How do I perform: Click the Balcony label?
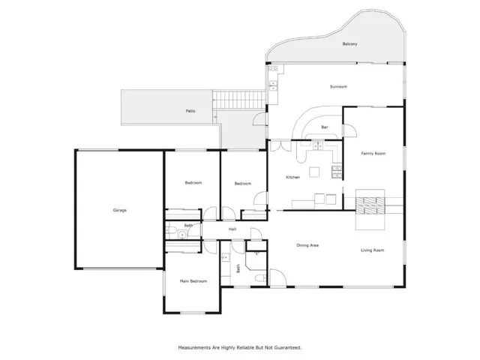[x=349, y=44]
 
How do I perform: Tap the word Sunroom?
[x=338, y=87]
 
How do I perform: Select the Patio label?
[x=190, y=111]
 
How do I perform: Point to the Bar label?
[x=325, y=127]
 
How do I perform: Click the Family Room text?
[x=373, y=153]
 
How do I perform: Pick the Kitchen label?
[x=293, y=177]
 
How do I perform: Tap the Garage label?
[x=120, y=210]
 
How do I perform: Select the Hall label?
[x=232, y=229]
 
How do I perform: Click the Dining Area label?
[x=307, y=245]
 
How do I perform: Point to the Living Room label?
[x=372, y=250]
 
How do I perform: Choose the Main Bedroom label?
[x=193, y=281]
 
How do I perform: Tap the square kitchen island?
[x=314, y=172]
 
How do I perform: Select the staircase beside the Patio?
[x=239, y=100]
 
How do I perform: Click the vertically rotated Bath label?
[x=238, y=268]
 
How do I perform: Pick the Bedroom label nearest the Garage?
[x=193, y=183]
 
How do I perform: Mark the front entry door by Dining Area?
[x=277, y=277]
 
